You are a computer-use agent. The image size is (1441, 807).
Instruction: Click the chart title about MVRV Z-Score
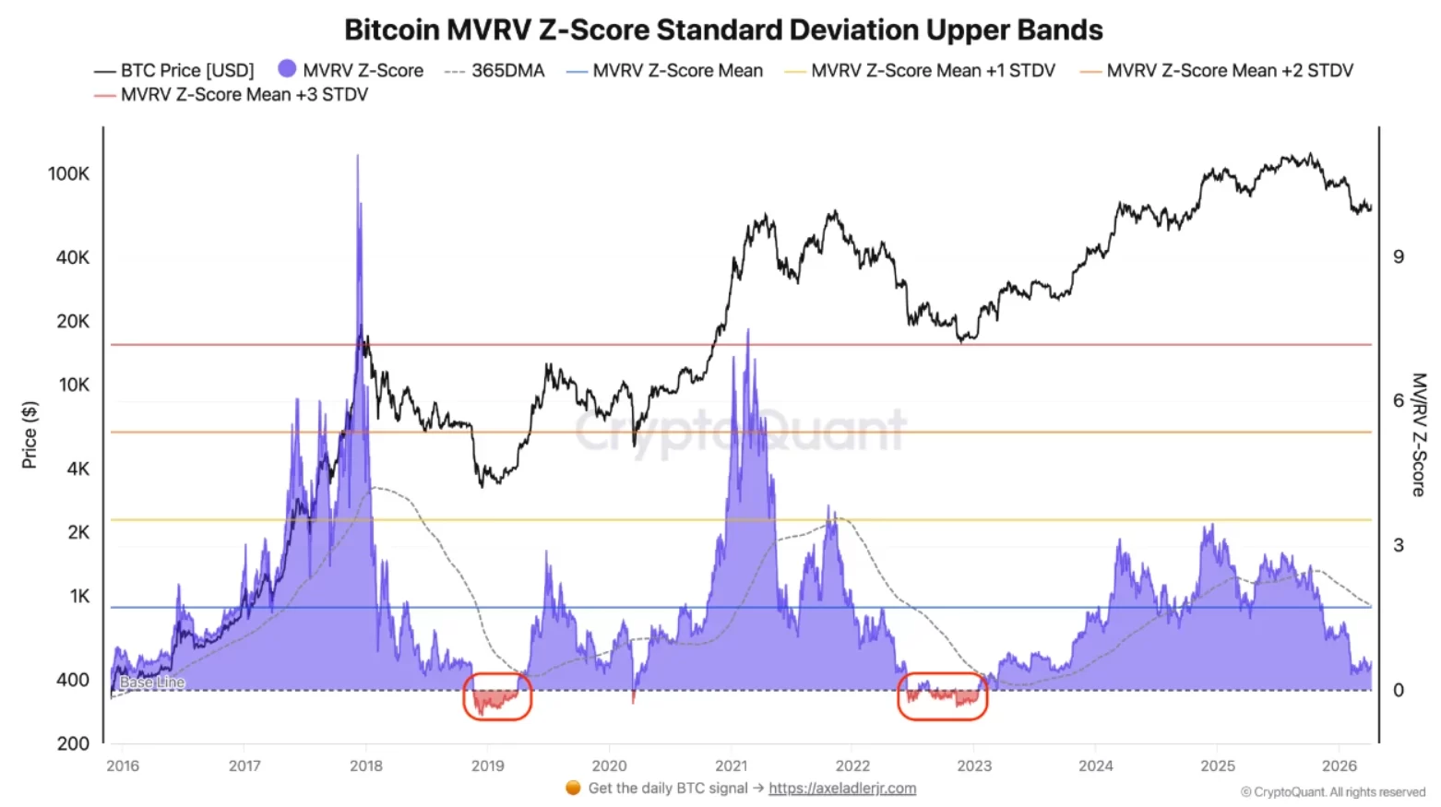[x=723, y=30]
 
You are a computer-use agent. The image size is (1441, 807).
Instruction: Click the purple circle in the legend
[x=287, y=69]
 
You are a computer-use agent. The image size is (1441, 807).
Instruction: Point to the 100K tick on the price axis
[x=68, y=173]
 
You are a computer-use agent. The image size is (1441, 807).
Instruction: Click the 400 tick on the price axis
[x=72, y=680]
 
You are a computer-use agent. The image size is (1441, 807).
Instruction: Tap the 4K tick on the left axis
[x=78, y=469]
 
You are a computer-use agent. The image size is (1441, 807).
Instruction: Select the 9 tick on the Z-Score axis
[x=1399, y=256]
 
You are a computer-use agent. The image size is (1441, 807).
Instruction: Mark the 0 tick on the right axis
[x=1399, y=690]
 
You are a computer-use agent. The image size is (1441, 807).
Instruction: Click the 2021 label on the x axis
[x=731, y=765]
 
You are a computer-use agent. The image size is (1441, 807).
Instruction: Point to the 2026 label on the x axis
[x=1339, y=765]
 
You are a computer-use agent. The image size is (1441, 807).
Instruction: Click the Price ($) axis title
[x=30, y=434]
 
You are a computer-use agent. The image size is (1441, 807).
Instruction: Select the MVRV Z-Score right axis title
[x=1419, y=434]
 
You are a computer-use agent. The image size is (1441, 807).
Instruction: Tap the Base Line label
[x=152, y=682]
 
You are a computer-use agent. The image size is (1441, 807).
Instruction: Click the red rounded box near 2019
[x=497, y=696]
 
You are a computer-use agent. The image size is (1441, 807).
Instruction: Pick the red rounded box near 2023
[x=942, y=696]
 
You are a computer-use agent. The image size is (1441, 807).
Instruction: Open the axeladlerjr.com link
[x=842, y=788]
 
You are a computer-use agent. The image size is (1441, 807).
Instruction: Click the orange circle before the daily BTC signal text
[x=573, y=788]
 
